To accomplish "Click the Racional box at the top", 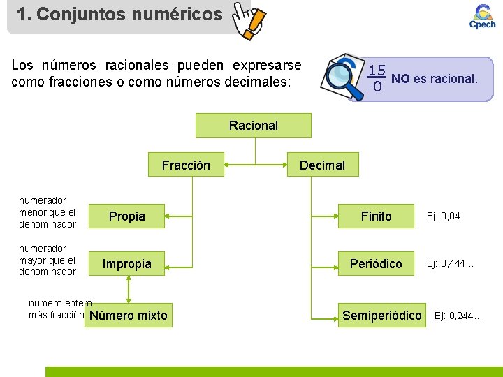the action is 254,126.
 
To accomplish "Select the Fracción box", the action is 186,165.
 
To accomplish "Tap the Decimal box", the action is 322,165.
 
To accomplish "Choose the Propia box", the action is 127,216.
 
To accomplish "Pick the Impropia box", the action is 127,264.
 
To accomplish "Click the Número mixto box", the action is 129,316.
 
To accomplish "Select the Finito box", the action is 376,216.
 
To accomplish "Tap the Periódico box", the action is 376,264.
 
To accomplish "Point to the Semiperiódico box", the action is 382,316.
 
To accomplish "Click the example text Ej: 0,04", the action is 443,216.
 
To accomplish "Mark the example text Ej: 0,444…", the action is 451,264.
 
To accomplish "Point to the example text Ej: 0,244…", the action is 458,316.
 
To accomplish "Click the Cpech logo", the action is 482,16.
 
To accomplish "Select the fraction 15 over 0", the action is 377,78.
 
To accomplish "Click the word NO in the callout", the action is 400,78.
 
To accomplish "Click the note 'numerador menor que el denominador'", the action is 48,212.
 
